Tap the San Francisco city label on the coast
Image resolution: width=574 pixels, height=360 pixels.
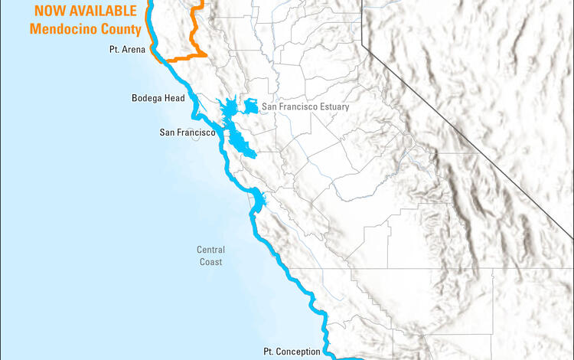[x=191, y=133]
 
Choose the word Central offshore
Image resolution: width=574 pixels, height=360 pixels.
[x=210, y=250]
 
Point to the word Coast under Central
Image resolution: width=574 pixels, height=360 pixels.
[x=210, y=262]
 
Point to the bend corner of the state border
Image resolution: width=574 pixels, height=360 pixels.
[x=363, y=45]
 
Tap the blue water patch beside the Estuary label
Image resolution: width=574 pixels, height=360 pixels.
[x=249, y=105]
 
